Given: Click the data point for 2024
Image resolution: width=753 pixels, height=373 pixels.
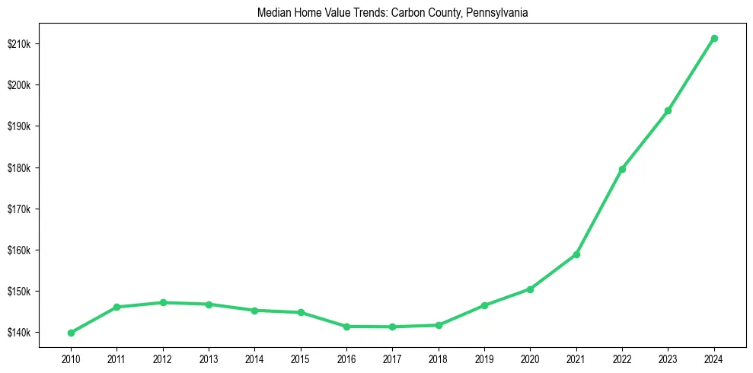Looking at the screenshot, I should (x=713, y=38).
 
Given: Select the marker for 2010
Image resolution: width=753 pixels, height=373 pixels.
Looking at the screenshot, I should (x=71, y=333).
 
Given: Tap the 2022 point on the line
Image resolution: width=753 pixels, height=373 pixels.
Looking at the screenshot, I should (x=622, y=169).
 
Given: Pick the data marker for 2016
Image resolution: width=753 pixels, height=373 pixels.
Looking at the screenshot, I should (x=346, y=327).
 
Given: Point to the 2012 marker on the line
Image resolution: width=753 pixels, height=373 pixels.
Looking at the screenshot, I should (x=163, y=302).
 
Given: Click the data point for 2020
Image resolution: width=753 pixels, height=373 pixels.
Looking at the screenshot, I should (x=530, y=289).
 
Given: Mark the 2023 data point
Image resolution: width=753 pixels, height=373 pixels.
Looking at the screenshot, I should (x=668, y=110).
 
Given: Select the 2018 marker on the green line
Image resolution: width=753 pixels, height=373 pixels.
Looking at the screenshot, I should (x=439, y=325).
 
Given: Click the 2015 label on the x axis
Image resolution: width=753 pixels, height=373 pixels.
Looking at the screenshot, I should (x=301, y=357).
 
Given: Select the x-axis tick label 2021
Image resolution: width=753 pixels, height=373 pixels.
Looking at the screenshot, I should (x=576, y=357).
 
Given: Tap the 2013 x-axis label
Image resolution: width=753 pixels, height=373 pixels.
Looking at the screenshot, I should (x=209, y=357).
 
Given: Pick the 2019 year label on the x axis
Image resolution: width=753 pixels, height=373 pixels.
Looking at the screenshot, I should (x=484, y=357).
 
